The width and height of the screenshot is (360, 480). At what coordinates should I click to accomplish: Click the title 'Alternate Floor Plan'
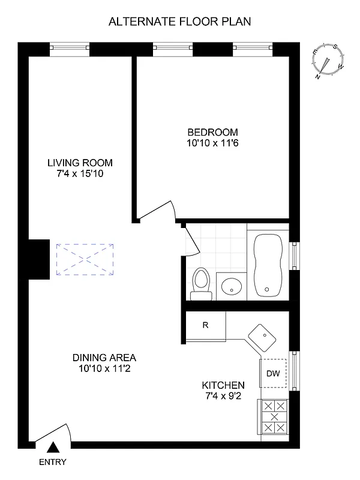[179, 22]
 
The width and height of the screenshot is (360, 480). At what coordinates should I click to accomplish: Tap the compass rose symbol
[328, 61]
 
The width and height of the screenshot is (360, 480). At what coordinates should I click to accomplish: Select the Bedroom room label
[212, 133]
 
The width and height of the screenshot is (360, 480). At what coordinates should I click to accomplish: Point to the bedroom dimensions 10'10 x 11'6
[212, 143]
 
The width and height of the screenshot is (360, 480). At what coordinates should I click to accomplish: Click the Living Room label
[80, 163]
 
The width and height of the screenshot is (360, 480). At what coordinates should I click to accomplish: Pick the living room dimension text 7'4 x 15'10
[80, 173]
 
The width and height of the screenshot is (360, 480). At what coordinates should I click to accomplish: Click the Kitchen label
[223, 385]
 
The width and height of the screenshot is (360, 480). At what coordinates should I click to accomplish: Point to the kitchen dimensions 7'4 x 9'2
[223, 396]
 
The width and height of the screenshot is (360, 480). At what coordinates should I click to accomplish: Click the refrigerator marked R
[205, 326]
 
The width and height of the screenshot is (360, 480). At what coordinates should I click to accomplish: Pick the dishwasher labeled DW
[274, 374]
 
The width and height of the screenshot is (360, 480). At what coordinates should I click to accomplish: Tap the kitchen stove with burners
[274, 417]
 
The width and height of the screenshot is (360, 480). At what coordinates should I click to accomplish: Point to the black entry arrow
[53, 447]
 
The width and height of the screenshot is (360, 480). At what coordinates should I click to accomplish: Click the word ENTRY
[53, 462]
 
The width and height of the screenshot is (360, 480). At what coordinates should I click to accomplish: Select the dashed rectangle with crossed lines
[85, 259]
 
